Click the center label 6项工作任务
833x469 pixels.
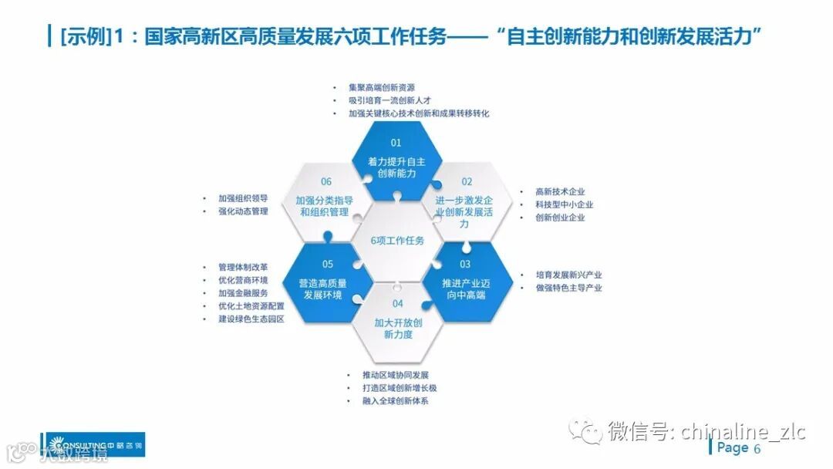click(397, 241)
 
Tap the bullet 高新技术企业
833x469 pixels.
click(560, 192)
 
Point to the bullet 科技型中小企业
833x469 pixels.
click(565, 205)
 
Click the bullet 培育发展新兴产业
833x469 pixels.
click(569, 275)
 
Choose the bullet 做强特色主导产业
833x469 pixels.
click(569, 288)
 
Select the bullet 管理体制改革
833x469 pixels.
click(243, 267)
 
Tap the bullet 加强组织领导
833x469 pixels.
click(243, 198)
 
